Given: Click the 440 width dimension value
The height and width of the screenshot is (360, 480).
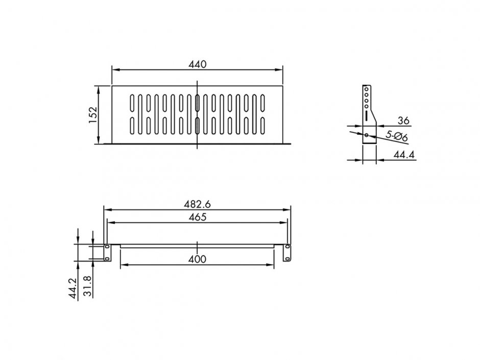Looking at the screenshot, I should coord(197,64).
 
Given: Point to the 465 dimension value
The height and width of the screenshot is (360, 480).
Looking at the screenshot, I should coord(197,218).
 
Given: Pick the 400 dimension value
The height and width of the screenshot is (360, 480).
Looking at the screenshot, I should coord(197,259).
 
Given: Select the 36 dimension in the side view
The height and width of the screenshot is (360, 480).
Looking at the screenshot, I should coord(403,121).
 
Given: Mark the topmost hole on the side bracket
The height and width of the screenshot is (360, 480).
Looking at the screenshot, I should coord(366,88).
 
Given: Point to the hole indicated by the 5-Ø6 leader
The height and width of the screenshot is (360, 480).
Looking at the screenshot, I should coord(367,135).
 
